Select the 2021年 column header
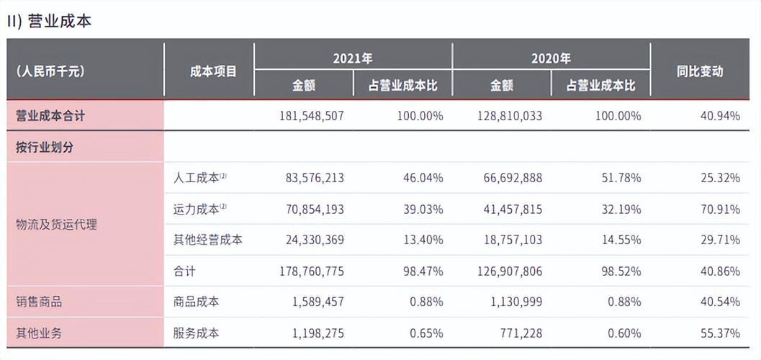pyautogui.click(x=353, y=58)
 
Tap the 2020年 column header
pyautogui.click(x=551, y=58)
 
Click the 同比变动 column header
pyautogui.click(x=700, y=71)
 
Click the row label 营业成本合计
pyautogui.click(x=55, y=115)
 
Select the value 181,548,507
pyautogui.click(x=311, y=115)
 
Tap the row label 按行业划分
pyautogui.click(x=45, y=147)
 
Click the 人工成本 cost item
pyautogui.click(x=196, y=177)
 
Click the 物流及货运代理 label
pyautogui.click(x=56, y=225)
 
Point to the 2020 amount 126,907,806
pyautogui.click(x=510, y=271)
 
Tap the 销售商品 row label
pyautogui.click(x=39, y=302)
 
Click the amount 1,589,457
pyautogui.click(x=318, y=302)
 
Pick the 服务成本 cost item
pyautogui.click(x=196, y=333)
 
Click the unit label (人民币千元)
pyautogui.click(x=50, y=71)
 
